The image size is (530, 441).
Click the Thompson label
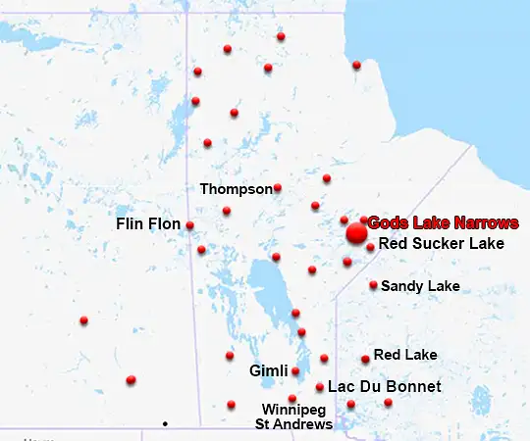236,188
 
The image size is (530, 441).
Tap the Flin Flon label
148,224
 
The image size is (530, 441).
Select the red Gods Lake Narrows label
443,223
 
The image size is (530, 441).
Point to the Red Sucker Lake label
441,243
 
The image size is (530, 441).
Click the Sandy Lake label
419,286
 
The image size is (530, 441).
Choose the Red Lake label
405,355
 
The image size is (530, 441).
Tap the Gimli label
268,371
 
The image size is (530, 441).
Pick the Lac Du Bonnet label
384,387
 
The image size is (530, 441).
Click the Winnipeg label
291,409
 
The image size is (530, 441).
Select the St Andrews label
292,424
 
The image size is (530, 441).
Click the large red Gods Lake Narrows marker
356,233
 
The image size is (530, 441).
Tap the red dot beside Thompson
278,188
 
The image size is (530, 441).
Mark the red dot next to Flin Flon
189,225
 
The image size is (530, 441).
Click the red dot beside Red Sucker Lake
370,247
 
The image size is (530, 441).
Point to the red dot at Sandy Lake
373,285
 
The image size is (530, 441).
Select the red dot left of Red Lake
365,359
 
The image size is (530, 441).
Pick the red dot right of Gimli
295,371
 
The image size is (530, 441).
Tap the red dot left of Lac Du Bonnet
320,387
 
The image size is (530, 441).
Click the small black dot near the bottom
165,423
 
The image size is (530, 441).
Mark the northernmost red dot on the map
281,36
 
